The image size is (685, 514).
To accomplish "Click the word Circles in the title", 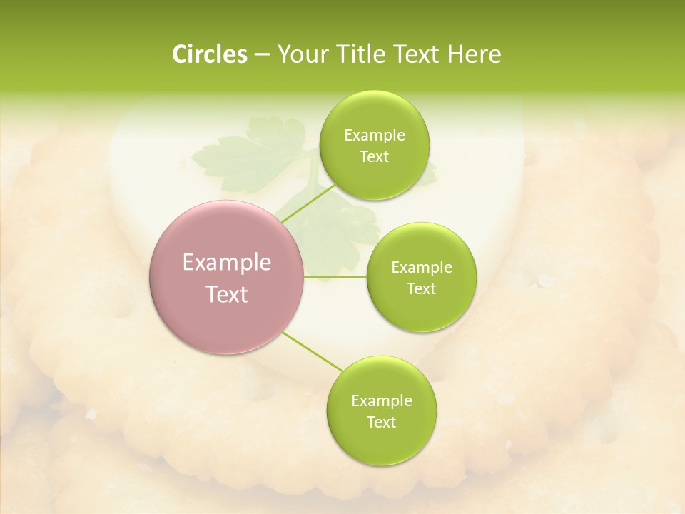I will tap(210, 54).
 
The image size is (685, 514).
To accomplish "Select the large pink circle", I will tap(227, 278).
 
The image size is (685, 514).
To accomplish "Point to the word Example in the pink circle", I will tap(227, 263).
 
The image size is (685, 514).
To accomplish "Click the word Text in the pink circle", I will tap(227, 294).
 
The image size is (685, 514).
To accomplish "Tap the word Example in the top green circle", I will tap(375, 136).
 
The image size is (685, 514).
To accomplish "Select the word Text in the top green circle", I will tap(374, 157).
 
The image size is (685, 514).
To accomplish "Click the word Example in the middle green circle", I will tap(422, 268).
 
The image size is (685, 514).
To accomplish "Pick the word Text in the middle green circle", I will tap(421, 289).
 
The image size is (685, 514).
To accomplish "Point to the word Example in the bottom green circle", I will tap(382, 401).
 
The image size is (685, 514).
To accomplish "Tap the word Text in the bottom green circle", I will tap(381, 423).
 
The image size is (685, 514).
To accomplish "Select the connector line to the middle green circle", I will tap(335, 277).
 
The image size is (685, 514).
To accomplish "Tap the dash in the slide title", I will tap(262, 55).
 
